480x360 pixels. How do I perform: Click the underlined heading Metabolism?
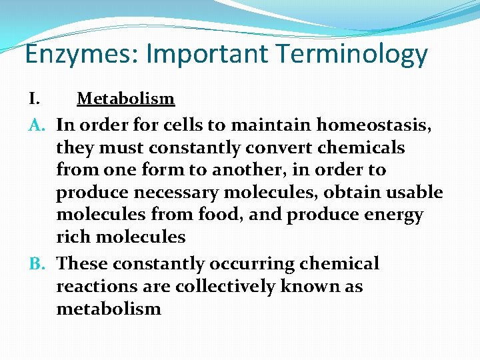click(x=125, y=99)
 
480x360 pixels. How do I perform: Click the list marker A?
click(x=37, y=124)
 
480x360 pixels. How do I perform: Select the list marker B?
click(x=37, y=263)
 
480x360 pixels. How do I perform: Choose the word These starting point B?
click(x=82, y=263)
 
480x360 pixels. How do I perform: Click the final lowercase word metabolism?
click(x=109, y=309)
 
